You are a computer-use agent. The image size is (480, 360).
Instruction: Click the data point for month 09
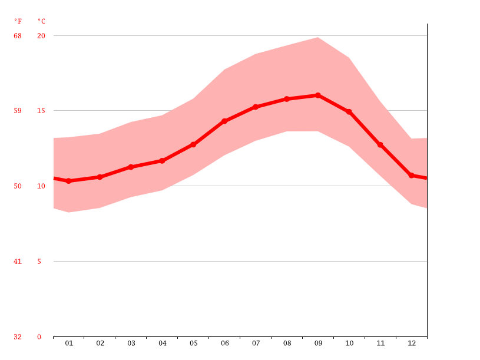pyautogui.click(x=318, y=95)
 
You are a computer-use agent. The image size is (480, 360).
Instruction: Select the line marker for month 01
pyautogui.click(x=69, y=181)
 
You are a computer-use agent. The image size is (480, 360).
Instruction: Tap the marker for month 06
pyautogui.click(x=224, y=121)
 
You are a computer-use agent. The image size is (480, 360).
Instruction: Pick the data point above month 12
pyautogui.click(x=411, y=176)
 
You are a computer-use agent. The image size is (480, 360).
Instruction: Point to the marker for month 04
pyautogui.click(x=162, y=160)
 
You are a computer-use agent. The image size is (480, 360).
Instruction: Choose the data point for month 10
pyautogui.click(x=349, y=111)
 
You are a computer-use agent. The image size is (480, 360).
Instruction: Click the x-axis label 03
pyautogui.click(x=131, y=343)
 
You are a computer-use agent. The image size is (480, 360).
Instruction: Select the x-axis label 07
pyautogui.click(x=256, y=343)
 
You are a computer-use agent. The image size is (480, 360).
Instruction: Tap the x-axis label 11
pyautogui.click(x=380, y=343)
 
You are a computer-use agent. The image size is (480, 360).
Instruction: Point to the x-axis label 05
pyautogui.click(x=193, y=343)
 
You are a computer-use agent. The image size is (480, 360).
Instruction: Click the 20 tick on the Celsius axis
pyautogui.click(x=41, y=36)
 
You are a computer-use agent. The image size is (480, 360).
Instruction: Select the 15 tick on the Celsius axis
pyautogui.click(x=41, y=111)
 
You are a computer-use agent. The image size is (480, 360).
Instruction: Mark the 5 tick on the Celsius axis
pyautogui.click(x=39, y=262)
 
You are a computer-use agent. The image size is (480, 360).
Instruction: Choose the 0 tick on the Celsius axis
pyautogui.click(x=39, y=337)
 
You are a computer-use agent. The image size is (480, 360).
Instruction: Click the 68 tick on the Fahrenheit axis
pyautogui.click(x=18, y=36)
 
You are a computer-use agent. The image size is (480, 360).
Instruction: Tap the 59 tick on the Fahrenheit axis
pyautogui.click(x=18, y=111)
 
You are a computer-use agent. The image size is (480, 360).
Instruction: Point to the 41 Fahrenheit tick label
pyautogui.click(x=18, y=262)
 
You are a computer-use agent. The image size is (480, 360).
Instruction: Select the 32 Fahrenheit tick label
pyautogui.click(x=18, y=337)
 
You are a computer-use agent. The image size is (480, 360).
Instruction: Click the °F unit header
pyautogui.click(x=18, y=21)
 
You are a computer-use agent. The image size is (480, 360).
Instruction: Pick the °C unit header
pyautogui.click(x=41, y=21)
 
